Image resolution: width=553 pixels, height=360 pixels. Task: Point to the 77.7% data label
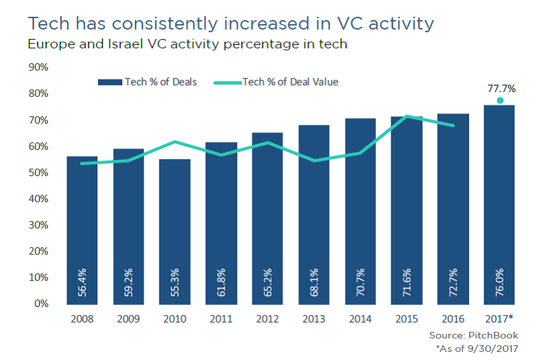[501, 89]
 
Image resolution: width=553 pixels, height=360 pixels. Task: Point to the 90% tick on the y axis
[38, 67]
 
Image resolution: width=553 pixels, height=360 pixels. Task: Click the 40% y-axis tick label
[38, 199]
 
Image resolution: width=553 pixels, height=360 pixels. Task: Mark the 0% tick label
[41, 304]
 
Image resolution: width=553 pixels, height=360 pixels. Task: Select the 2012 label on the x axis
[268, 318]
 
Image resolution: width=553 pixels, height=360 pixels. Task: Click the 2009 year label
[128, 318]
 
